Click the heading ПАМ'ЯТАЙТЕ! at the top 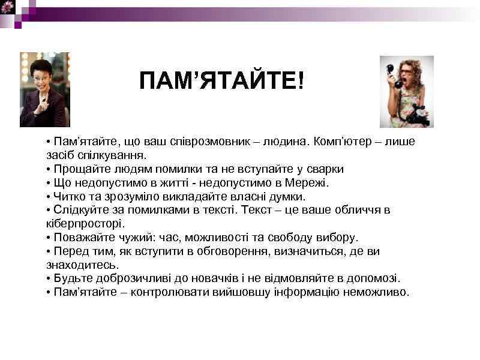(221, 81)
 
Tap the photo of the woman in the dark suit (44, 90)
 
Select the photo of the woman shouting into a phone (406, 91)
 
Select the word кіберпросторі (77, 224)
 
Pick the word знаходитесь (74, 265)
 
